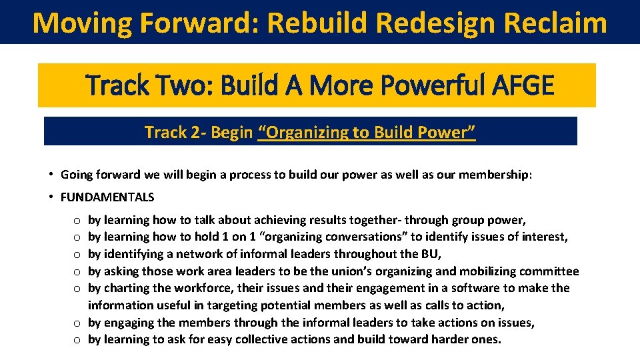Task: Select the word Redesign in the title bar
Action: (x=434, y=23)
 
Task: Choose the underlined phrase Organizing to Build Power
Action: (x=367, y=133)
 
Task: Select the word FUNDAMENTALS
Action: (x=107, y=197)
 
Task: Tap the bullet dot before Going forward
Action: (x=51, y=175)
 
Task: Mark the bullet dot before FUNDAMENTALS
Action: (x=51, y=197)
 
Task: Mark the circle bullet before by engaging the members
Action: (x=77, y=323)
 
